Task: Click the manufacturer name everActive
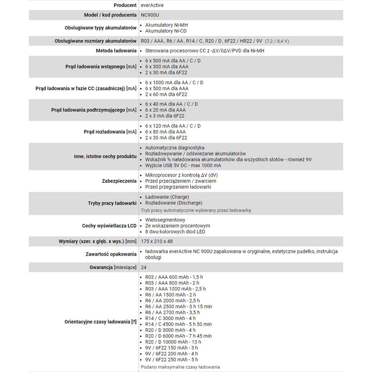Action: pos(152,5)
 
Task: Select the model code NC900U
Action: pos(150,15)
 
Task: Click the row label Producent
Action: pos(125,5)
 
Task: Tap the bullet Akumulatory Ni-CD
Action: pos(166,31)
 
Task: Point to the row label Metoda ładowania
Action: pos(116,51)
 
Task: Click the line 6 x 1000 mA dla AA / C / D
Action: pos(174,82)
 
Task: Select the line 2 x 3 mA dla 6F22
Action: pos(165,116)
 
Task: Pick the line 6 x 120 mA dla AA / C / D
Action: pos(173,126)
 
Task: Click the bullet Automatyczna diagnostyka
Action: pos(175,148)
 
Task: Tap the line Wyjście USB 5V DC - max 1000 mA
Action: pos(183,166)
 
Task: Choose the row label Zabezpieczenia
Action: pos(119,181)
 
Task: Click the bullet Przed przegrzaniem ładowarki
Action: pos(178,187)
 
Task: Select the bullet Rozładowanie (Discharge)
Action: pos(174,203)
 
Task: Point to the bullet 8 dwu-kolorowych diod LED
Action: pos(175,232)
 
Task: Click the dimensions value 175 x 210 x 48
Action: pos(157,241)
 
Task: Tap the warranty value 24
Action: pos(144,267)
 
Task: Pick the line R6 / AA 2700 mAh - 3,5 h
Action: pos(172,312)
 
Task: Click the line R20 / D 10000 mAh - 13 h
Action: pos(173,342)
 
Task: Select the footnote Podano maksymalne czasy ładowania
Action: pos(180,367)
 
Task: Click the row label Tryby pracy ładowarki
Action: pos(112,203)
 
